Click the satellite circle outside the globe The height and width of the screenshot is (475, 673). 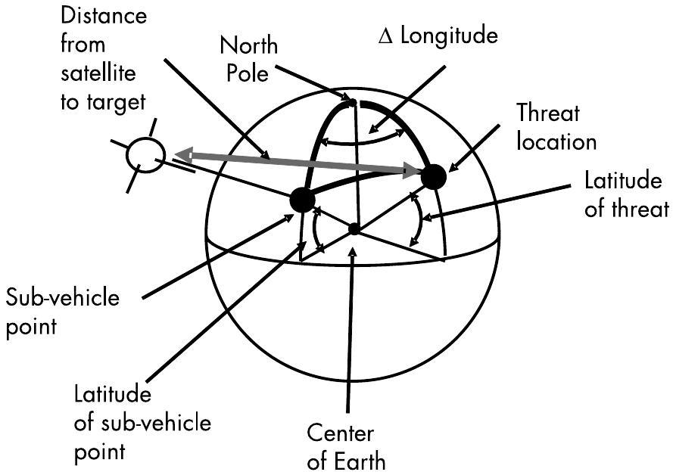[145, 154]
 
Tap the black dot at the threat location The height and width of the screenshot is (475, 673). [433, 177]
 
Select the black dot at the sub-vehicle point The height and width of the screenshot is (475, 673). [302, 200]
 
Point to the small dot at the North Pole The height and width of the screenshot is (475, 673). [351, 101]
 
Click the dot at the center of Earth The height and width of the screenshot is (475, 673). [354, 228]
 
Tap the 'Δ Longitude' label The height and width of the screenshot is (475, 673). [438, 34]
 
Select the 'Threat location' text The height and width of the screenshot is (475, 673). [556, 126]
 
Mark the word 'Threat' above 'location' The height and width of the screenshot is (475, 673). [548, 113]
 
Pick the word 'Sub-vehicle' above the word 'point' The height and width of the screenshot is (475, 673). [63, 297]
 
